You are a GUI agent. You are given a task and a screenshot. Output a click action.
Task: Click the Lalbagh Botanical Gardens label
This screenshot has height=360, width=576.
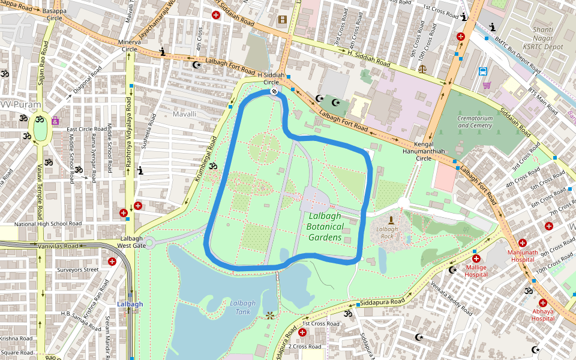(325, 226)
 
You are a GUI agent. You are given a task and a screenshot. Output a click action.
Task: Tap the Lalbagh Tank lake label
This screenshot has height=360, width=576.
(242, 307)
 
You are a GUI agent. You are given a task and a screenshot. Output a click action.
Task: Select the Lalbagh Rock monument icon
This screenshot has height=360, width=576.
(391, 220)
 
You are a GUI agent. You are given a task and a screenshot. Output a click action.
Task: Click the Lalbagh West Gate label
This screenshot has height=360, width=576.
(131, 242)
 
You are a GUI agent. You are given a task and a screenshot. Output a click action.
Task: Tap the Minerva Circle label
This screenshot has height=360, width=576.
(133, 46)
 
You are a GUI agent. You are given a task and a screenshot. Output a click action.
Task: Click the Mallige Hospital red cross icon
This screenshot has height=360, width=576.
(476, 259)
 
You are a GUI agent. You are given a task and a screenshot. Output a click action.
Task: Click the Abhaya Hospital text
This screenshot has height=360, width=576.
(542, 315)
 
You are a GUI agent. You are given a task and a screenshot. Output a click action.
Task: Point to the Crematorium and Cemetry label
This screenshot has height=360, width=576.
(475, 122)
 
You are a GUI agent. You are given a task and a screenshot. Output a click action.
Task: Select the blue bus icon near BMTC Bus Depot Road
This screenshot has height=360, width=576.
(483, 71)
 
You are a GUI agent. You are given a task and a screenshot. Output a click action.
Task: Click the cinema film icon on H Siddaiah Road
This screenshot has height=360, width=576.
(282, 20)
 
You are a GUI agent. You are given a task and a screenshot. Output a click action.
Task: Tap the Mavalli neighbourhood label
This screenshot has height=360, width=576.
(184, 113)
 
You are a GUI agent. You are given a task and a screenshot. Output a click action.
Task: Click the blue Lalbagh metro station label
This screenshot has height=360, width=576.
(130, 304)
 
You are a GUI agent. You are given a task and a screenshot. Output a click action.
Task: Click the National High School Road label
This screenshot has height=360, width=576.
(47, 224)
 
